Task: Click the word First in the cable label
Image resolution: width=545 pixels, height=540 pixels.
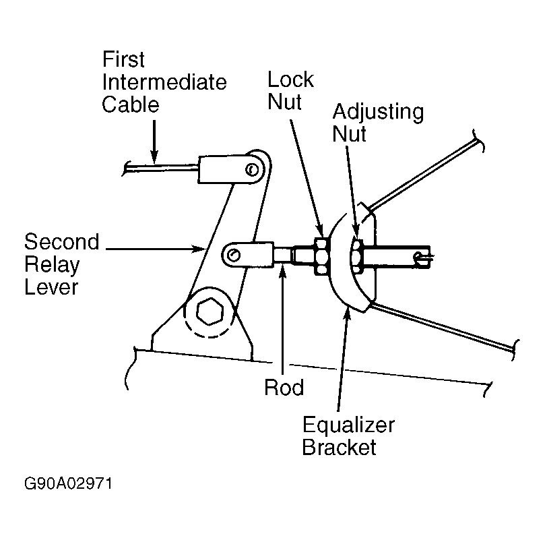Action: pos(123,59)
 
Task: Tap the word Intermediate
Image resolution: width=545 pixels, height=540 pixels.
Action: pos(164,82)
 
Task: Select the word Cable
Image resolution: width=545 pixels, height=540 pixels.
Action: pos(131,104)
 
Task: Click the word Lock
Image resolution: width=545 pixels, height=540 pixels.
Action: pos(290,80)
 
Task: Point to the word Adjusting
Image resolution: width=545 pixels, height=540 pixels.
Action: pos(378,113)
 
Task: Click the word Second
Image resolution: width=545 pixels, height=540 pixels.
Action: pos(62,241)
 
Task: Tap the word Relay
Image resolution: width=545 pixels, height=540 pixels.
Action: pos(52,265)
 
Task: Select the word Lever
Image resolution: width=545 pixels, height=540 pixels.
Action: pos(51,287)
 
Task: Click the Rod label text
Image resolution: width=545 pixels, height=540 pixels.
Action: pos(284,387)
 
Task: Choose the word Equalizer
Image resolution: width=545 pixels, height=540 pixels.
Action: pos(348,425)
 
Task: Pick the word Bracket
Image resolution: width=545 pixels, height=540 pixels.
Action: pos(340,447)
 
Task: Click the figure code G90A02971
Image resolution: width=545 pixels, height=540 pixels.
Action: pos(68,483)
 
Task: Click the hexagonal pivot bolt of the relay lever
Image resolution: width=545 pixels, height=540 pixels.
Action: pos(210,311)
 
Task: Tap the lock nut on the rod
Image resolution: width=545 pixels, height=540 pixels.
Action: pos(321,257)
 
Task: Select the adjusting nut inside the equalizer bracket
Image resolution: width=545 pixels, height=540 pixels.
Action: pos(356,257)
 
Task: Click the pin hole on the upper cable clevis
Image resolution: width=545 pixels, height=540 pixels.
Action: pos(252,170)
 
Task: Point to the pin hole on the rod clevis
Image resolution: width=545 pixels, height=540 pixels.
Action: pos(233,255)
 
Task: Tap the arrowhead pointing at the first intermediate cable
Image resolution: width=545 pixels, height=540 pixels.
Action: pos(154,157)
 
